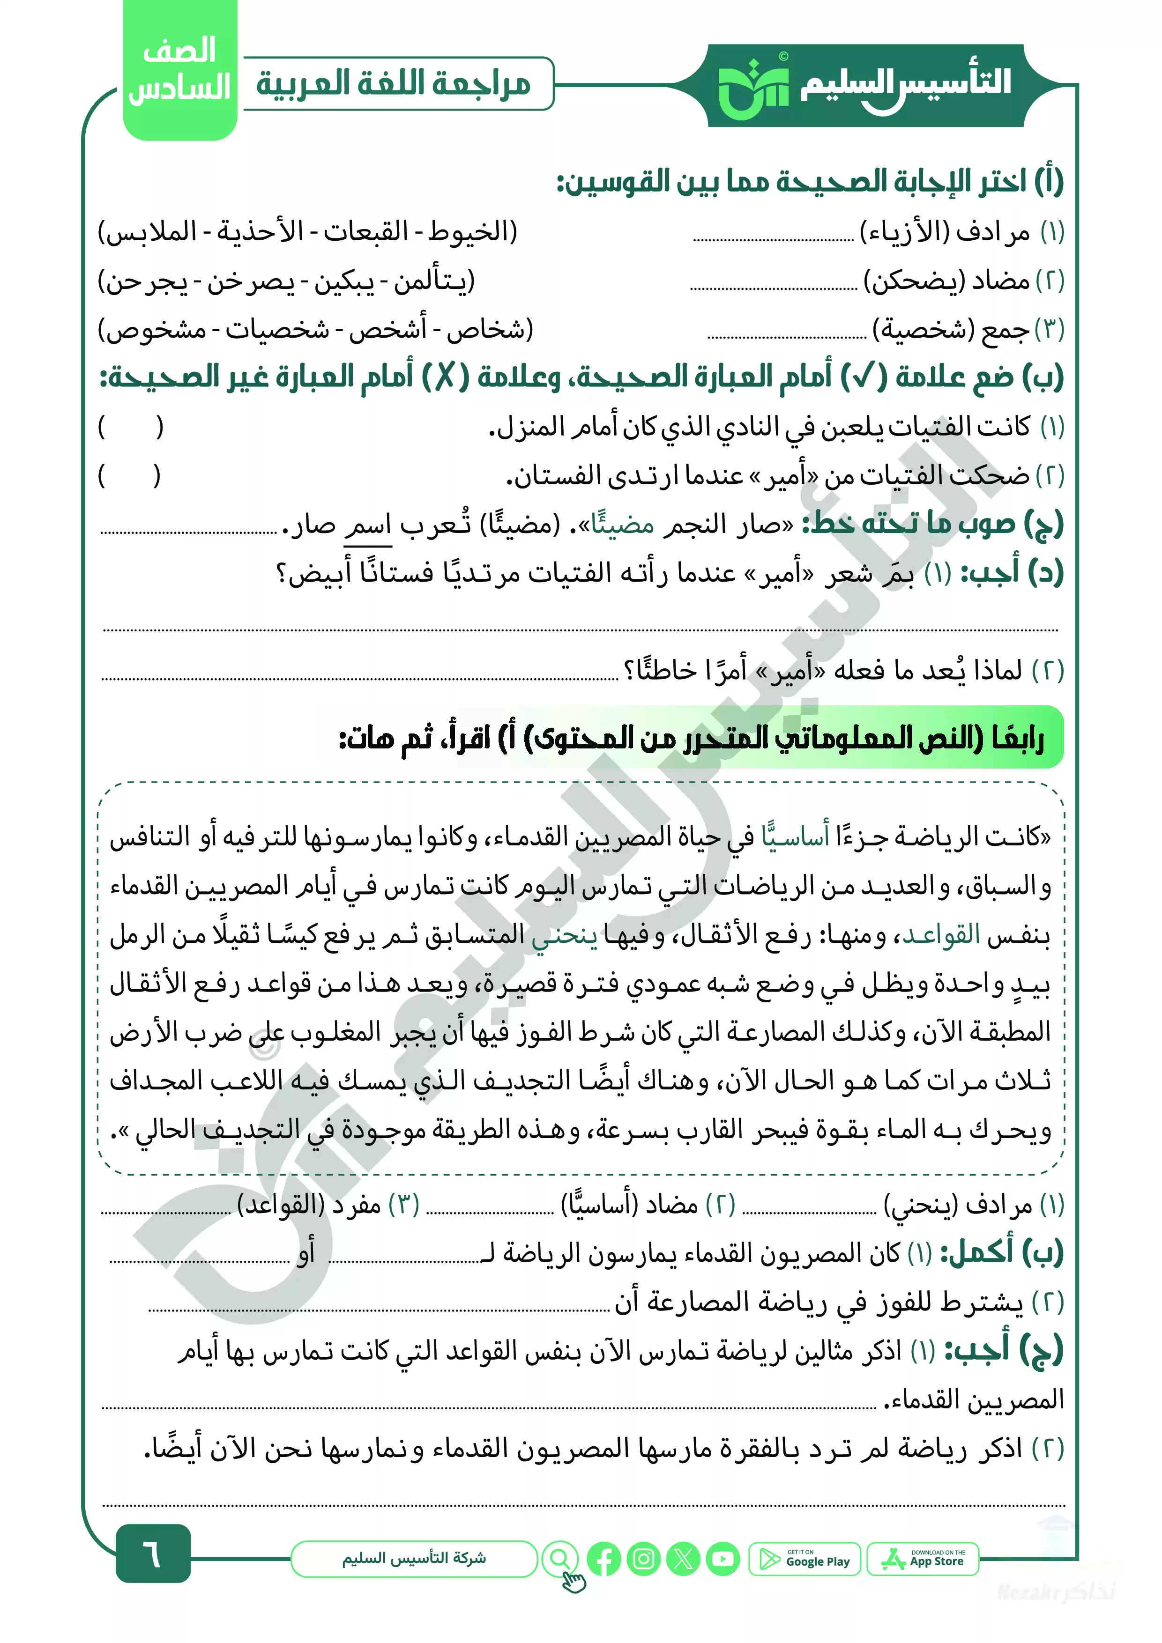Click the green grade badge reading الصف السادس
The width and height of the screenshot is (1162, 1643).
click(180, 70)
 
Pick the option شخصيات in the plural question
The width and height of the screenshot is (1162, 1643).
click(278, 329)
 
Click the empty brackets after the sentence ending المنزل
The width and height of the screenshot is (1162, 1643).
click(130, 427)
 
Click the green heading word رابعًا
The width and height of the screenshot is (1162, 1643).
click(1017, 738)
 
